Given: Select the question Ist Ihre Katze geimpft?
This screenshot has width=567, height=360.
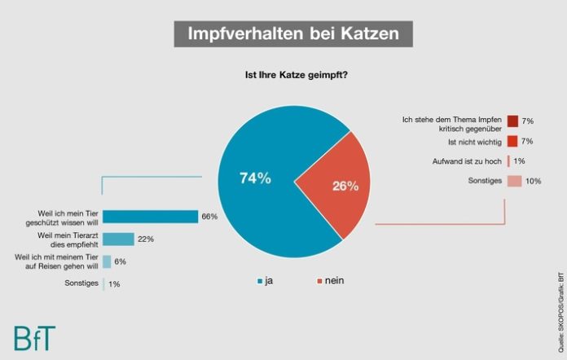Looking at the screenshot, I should pyautogui.click(x=292, y=77).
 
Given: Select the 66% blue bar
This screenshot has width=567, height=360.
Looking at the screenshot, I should pyautogui.click(x=151, y=217).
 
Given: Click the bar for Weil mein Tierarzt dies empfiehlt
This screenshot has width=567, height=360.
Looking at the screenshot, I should pyautogui.click(x=118, y=239).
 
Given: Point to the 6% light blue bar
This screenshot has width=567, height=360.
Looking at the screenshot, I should pyautogui.click(x=107, y=261).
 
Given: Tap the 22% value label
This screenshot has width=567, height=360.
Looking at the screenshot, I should pyautogui.click(x=146, y=239).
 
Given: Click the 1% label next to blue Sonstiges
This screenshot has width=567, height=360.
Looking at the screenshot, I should pyautogui.click(x=115, y=284).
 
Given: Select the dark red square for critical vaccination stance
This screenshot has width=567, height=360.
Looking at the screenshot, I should pyautogui.click(x=512, y=121).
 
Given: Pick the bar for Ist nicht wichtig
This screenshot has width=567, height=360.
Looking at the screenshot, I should pyautogui.click(x=512, y=141).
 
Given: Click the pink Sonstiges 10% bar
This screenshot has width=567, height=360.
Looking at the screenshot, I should pyautogui.click(x=514, y=181).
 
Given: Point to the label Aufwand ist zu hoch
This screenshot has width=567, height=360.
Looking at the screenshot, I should pyautogui.click(x=467, y=161).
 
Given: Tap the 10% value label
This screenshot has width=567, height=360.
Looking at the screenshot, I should pyautogui.click(x=534, y=181).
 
